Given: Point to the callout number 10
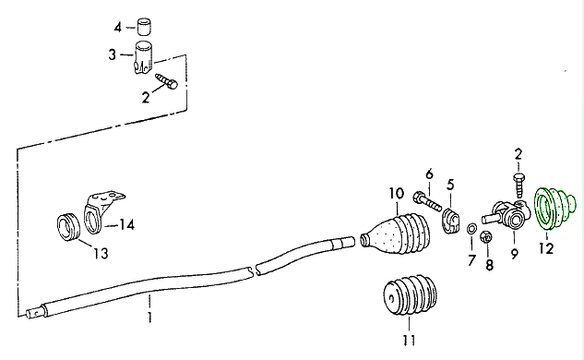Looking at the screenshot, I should tap(396, 193).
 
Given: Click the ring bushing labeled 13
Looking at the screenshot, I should tap(66, 226).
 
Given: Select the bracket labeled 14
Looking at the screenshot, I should tap(101, 208).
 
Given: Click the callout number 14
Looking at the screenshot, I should tap(126, 224).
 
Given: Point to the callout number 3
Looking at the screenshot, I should tap(113, 55).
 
